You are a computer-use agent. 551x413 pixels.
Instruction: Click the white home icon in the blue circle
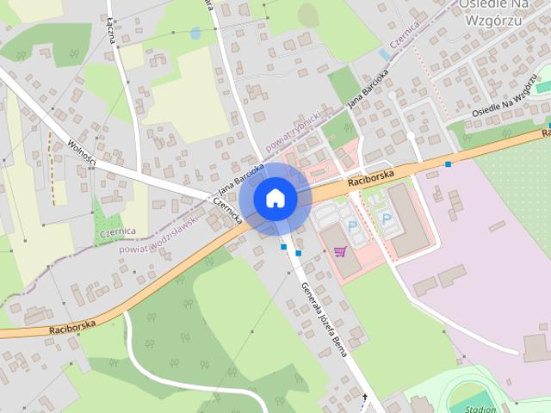coord(275,198)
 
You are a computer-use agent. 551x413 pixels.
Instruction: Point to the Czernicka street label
coord(229,211)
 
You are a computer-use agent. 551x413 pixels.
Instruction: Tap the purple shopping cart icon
coord(340,251)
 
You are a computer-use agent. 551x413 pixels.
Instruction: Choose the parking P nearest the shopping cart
coord(353,225)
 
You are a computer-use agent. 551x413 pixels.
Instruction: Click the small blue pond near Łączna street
coord(195,34)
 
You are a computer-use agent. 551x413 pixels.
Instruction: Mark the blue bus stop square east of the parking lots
coord(448,163)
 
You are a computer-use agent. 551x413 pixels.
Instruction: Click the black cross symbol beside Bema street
coord(365,397)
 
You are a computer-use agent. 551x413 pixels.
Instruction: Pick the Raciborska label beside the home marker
coord(371,177)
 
